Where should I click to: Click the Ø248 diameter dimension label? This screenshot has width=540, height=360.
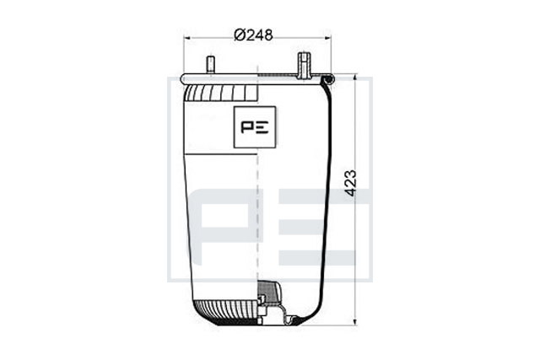coord(253,35)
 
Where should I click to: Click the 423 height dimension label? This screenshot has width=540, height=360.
coord(351,183)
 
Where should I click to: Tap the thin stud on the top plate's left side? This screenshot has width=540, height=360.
coord(210,66)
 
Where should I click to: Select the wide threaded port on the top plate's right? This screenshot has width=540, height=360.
coord(304,65)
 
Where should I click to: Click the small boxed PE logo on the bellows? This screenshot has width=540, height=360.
coord(255,127)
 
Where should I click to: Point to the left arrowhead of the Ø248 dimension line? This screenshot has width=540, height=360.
coord(187,38)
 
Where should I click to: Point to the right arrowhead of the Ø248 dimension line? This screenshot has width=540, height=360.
coord(327,38)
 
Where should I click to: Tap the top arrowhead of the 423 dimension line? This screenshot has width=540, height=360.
coord(355,77)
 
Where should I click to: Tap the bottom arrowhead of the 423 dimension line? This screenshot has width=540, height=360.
coord(355,321)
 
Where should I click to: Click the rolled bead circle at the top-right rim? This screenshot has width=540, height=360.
coord(327,79)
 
